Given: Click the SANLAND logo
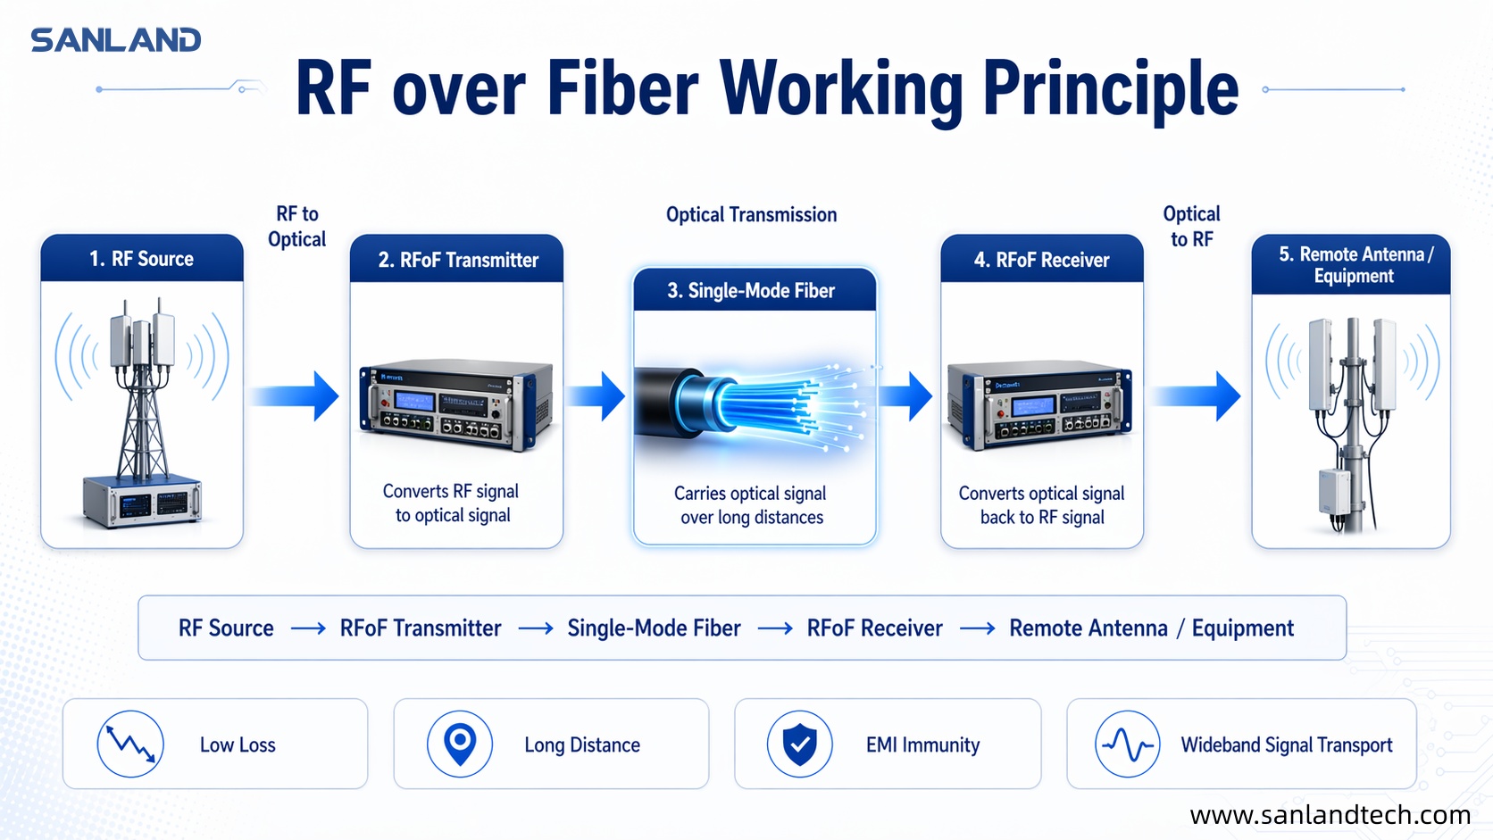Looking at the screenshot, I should pyautogui.click(x=116, y=40).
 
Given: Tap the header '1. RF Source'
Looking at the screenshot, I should pyautogui.click(x=142, y=259).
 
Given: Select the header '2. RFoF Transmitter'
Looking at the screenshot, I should pyautogui.click(x=458, y=260).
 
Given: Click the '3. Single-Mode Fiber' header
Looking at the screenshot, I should pyautogui.click(x=751, y=291).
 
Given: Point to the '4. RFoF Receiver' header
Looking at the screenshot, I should pyautogui.click(x=1041, y=260).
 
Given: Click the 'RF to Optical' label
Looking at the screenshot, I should pyautogui.click(x=297, y=227).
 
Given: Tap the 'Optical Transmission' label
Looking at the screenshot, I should pyautogui.click(x=751, y=214).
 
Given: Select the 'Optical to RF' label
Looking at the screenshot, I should pyautogui.click(x=1191, y=227).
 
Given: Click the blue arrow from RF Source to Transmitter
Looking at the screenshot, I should pyautogui.click(x=296, y=395).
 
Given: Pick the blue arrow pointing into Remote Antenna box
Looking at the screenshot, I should pyautogui.click(x=1197, y=395).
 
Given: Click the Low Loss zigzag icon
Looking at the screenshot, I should pyautogui.click(x=130, y=744).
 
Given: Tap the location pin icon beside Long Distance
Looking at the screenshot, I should pyautogui.click(x=460, y=744).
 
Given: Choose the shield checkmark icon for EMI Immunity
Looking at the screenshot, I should pyautogui.click(x=799, y=744).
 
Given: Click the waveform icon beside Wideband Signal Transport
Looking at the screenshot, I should pyautogui.click(x=1127, y=744).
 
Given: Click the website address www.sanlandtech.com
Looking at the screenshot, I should pyautogui.click(x=1330, y=814).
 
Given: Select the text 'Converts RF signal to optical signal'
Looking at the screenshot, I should pyautogui.click(x=452, y=503).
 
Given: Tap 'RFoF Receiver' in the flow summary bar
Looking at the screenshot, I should pyautogui.click(x=874, y=628).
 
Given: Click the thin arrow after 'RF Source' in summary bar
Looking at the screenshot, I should pyautogui.click(x=308, y=628).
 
